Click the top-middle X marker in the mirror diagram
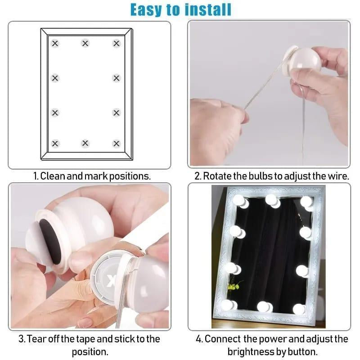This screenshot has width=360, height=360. (85, 43)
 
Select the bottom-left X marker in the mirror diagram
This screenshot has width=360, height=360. (55, 144)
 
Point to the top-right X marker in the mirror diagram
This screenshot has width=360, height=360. (117, 43)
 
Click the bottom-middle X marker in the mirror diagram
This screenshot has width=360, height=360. (85, 144)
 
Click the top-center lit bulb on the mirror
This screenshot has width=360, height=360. (271, 200)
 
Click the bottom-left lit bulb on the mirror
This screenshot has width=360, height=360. (229, 305)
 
